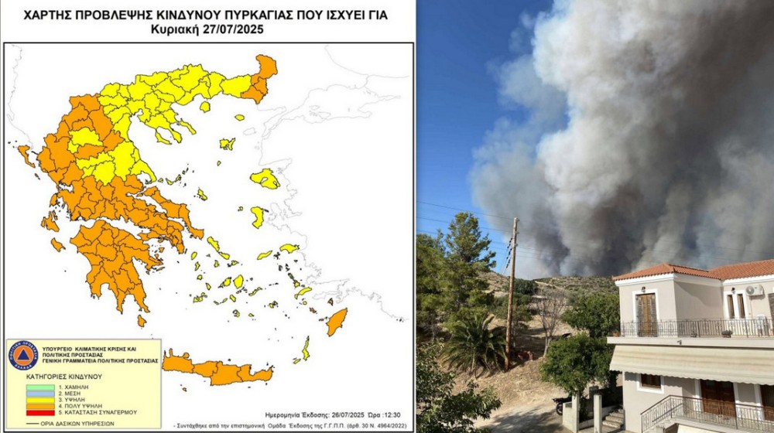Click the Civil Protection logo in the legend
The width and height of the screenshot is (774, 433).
point(23,355)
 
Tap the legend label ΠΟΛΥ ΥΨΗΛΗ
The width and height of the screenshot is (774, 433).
point(80,406)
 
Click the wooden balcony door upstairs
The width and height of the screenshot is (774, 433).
point(646,314)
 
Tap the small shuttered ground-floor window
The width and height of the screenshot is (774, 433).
point(650,381)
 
